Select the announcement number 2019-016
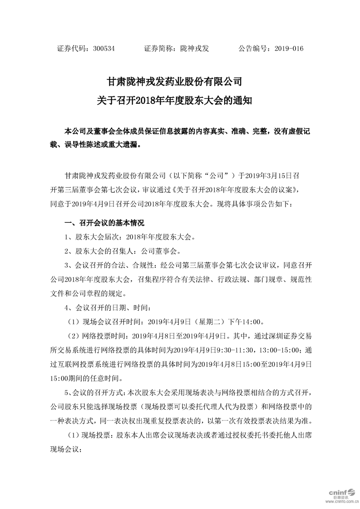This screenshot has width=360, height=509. [289, 49]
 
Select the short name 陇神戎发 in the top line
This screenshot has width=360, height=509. [195, 49]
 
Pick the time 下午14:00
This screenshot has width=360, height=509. [247, 322]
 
